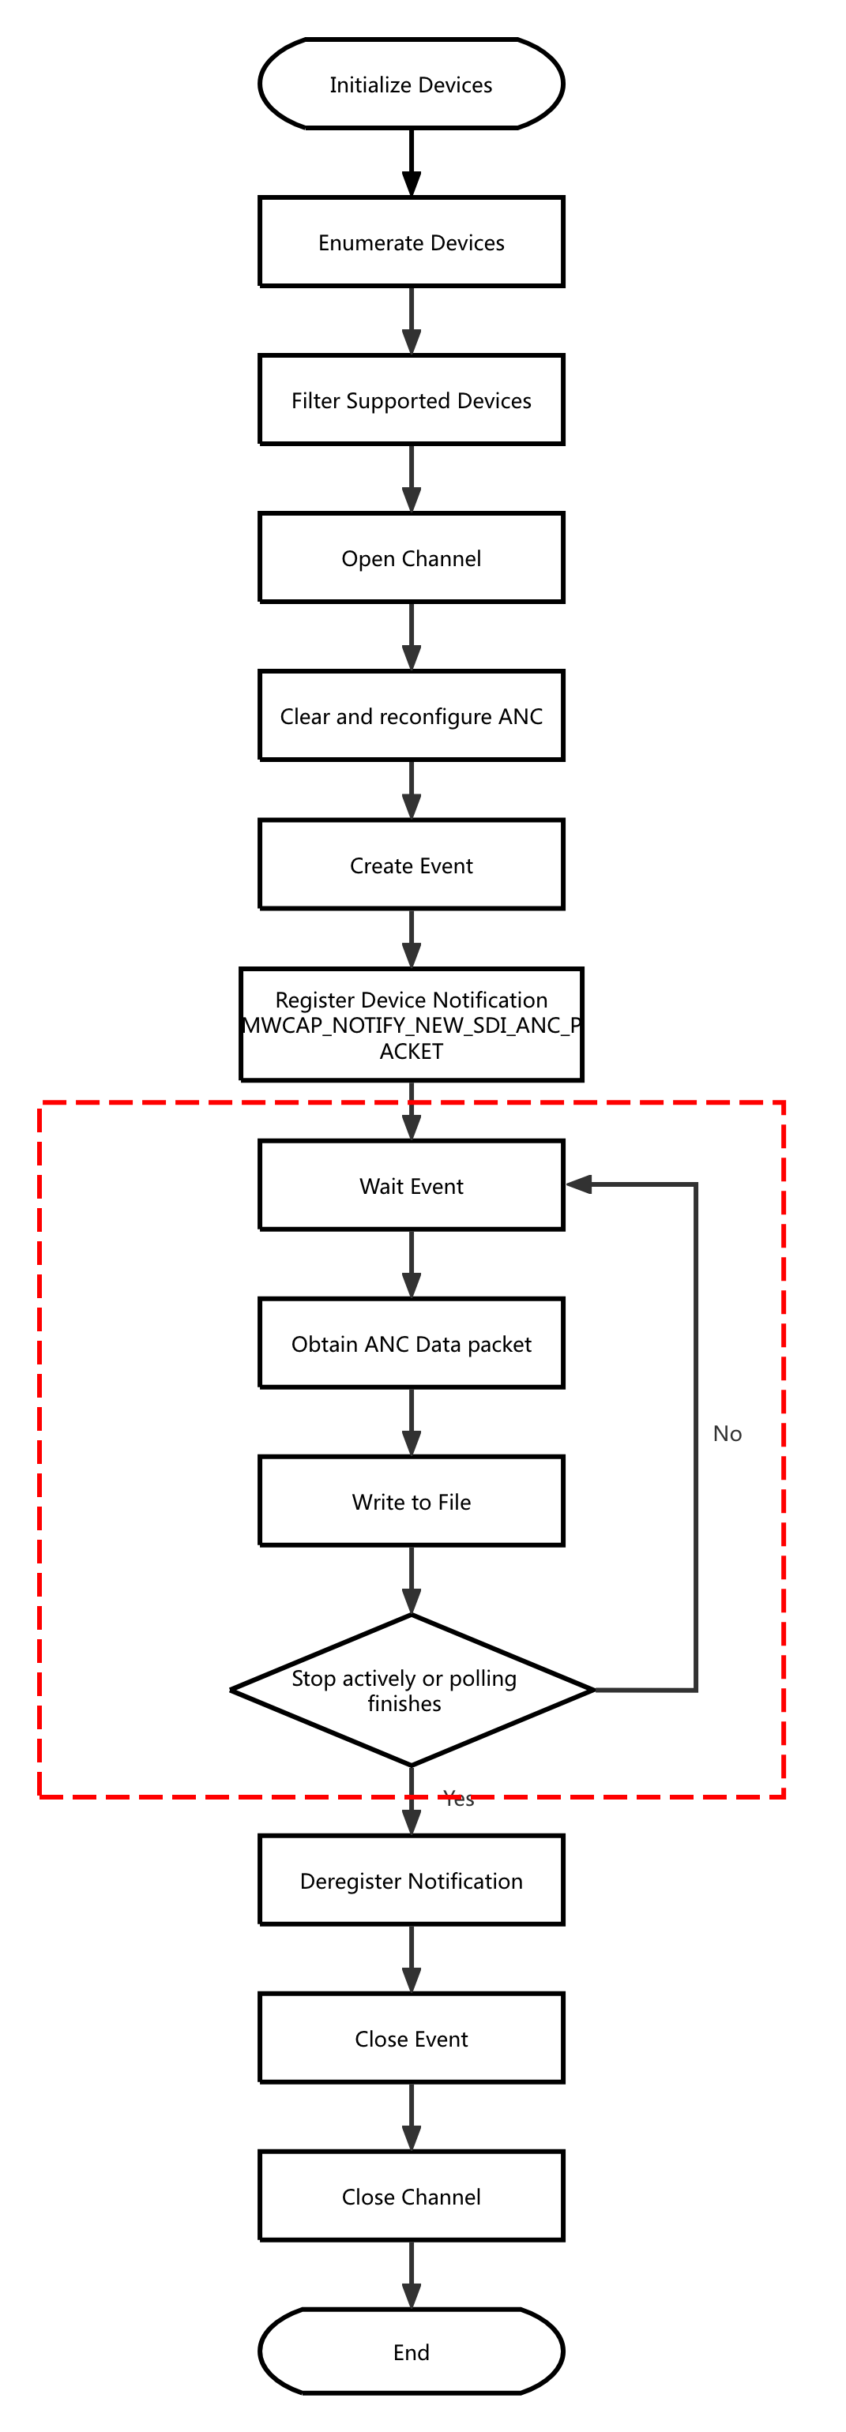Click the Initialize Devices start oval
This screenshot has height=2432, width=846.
tap(411, 84)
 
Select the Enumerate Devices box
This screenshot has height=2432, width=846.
tap(411, 242)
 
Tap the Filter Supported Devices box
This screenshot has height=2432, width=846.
tap(411, 400)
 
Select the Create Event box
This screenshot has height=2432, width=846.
tap(411, 865)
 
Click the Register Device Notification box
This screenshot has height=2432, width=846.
tap(411, 1024)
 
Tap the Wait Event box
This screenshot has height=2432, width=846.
tap(411, 1185)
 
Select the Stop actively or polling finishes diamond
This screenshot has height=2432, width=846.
tap(411, 1690)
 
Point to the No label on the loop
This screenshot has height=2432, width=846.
tap(727, 1433)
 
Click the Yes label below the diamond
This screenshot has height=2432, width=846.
tap(459, 1799)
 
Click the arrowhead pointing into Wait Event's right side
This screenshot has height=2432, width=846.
tap(579, 1184)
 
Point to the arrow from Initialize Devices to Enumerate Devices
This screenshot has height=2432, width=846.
tap(411, 163)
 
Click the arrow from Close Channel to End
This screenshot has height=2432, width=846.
tap(411, 2276)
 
